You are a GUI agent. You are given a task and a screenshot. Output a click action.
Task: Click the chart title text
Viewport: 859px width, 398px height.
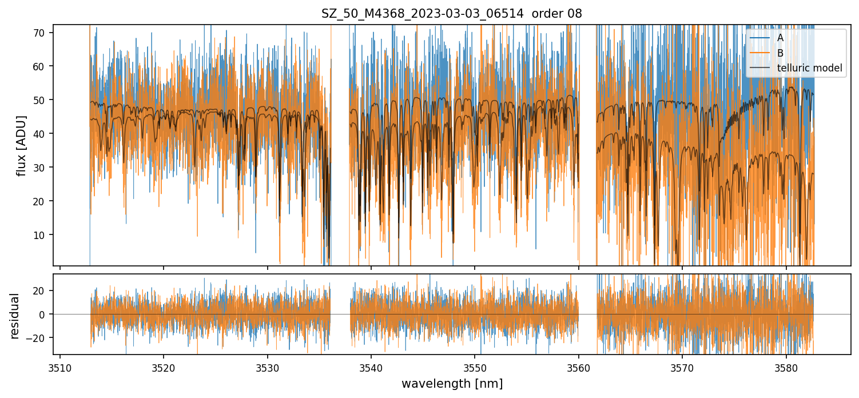[x=451, y=14]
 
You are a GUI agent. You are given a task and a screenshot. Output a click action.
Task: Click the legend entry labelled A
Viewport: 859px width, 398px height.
[x=780, y=38]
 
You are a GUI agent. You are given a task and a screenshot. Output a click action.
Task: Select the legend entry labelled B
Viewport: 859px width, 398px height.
[x=780, y=53]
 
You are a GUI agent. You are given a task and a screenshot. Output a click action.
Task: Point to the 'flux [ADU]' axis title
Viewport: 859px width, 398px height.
[x=22, y=145]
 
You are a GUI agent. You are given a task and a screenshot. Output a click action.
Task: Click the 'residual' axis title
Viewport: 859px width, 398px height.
[x=14, y=316]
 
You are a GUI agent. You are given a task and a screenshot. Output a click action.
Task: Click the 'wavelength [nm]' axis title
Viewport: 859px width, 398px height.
[x=452, y=384]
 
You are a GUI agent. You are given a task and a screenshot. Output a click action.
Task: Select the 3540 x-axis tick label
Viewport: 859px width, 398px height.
[x=371, y=368]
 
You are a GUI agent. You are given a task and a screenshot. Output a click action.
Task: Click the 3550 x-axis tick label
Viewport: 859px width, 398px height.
[x=475, y=368]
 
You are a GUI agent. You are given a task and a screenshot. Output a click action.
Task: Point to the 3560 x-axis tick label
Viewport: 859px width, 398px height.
[x=578, y=368]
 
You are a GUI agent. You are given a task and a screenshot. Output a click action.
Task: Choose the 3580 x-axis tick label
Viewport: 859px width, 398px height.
[x=786, y=368]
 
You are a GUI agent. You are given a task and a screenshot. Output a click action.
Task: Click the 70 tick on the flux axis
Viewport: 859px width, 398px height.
[x=39, y=33]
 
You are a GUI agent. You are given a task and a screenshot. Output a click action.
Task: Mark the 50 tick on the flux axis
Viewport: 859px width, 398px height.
[x=39, y=100]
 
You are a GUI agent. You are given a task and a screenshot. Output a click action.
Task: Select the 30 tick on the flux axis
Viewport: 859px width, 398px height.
[x=39, y=168]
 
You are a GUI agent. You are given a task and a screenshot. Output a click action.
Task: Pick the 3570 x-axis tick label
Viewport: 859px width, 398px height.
[x=682, y=368]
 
